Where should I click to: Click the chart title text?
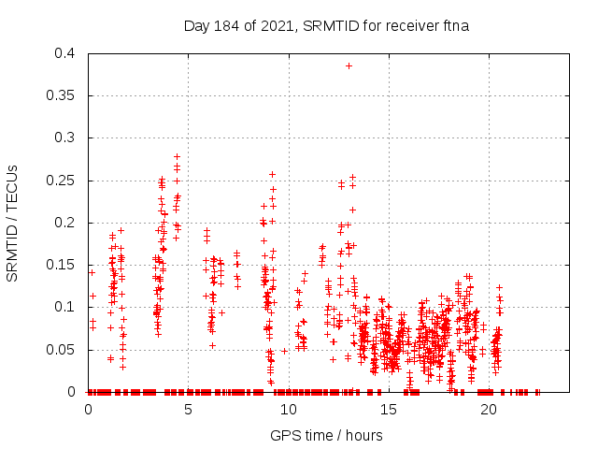326,25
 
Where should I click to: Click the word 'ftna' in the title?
454,25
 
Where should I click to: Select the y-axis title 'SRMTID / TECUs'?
13,223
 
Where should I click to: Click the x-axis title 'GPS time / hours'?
326,435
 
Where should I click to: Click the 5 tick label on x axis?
189,409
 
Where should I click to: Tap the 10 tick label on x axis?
289,409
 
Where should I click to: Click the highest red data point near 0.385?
349,65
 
